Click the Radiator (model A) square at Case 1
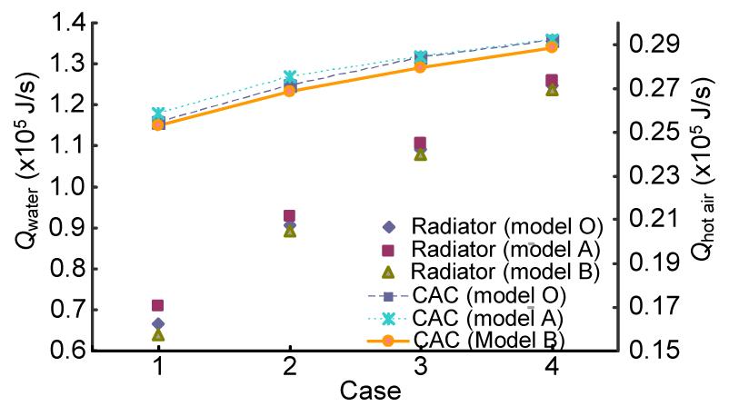[x=158, y=305]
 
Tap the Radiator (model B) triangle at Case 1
[x=158, y=334]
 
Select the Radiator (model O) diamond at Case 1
[x=158, y=323]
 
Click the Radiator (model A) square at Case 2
[x=289, y=216]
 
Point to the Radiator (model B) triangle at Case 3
[x=420, y=154]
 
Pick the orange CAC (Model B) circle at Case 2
[x=289, y=91]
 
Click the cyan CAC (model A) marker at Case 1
[x=158, y=114]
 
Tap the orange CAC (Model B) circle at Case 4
[x=552, y=47]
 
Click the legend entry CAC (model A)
[x=490, y=318]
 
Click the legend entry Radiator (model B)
[x=490, y=272]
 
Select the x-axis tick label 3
[x=420, y=369]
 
